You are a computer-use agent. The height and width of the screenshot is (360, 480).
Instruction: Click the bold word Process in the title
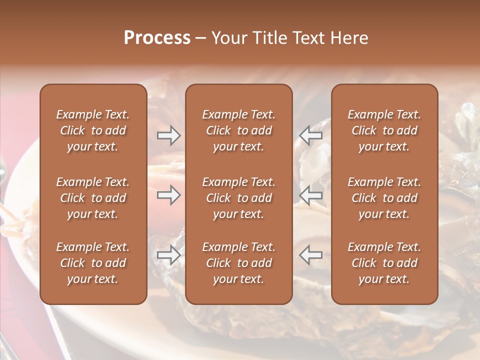[157, 38]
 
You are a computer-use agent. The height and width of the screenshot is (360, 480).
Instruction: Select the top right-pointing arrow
[168, 135]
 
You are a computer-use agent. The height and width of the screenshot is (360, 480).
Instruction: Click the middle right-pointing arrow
[168, 195]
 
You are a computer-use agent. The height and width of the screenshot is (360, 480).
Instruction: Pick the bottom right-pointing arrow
[168, 255]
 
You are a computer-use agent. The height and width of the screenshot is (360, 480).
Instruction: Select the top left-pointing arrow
[310, 135]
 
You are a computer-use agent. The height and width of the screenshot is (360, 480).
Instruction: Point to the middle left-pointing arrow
[310, 195]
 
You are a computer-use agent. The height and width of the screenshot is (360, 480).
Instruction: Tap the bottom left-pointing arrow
[310, 255]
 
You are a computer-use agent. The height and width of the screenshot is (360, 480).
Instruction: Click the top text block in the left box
[93, 130]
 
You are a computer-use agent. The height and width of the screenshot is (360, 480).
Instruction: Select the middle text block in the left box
[93, 198]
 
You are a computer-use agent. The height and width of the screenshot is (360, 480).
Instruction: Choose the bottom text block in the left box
[93, 263]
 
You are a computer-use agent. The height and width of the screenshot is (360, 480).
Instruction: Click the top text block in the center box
[238, 130]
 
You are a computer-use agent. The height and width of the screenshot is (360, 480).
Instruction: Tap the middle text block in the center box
[238, 198]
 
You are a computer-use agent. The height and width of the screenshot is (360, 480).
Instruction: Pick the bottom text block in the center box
[238, 263]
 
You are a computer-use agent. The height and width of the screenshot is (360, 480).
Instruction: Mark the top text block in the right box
[384, 130]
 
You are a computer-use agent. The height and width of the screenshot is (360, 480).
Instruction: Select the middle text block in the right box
[384, 198]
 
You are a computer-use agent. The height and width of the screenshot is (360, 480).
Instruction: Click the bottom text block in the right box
[384, 263]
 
